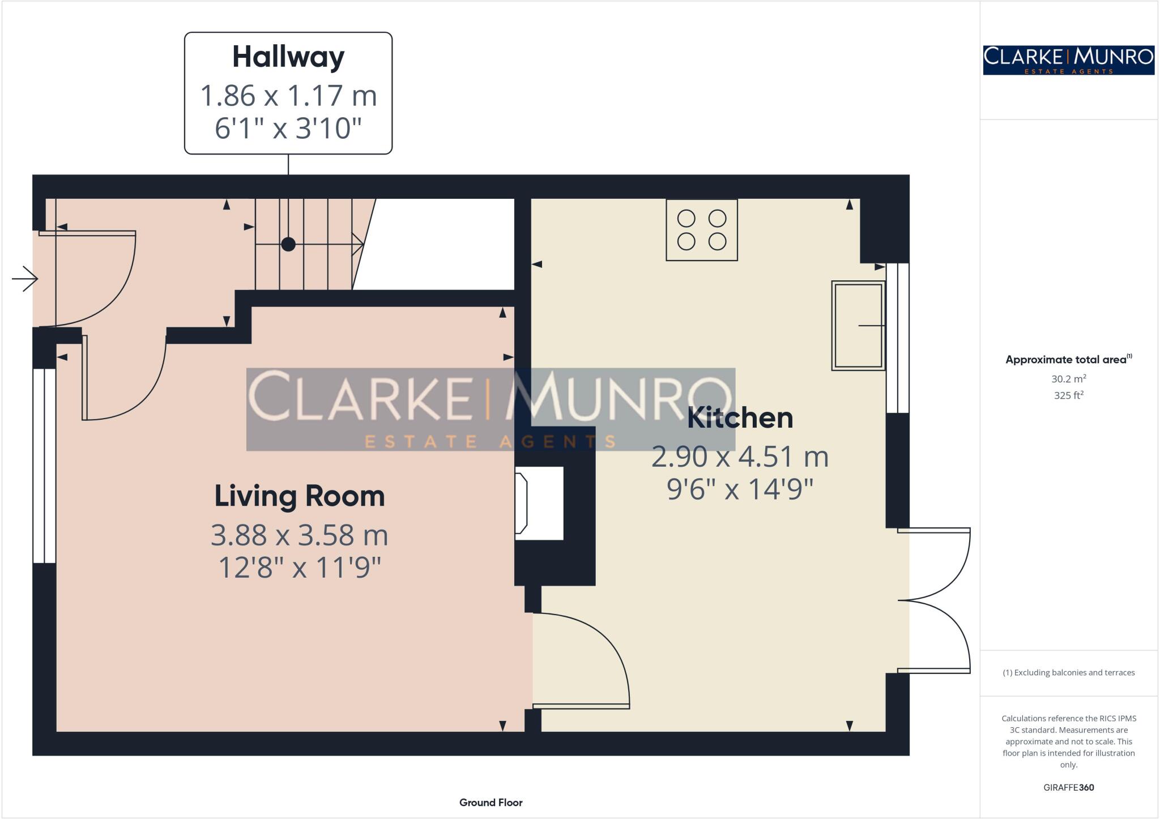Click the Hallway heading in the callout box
point(288,57)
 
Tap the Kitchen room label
point(740,418)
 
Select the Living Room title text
point(299,496)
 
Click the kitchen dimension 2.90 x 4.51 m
point(740,457)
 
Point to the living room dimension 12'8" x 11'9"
point(299,567)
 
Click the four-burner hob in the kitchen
point(701,230)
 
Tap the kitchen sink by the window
point(858,326)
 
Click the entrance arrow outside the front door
point(25,279)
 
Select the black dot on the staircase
point(288,244)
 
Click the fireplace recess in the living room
point(539,503)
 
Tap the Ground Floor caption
point(491,802)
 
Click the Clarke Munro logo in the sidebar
point(1068,60)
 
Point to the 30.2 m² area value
point(1068,379)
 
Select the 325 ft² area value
point(1068,395)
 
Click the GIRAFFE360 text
point(1068,787)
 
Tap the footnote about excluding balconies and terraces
point(1068,673)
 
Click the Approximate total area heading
point(1068,359)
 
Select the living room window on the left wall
point(44,466)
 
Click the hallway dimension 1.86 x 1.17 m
point(288,96)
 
